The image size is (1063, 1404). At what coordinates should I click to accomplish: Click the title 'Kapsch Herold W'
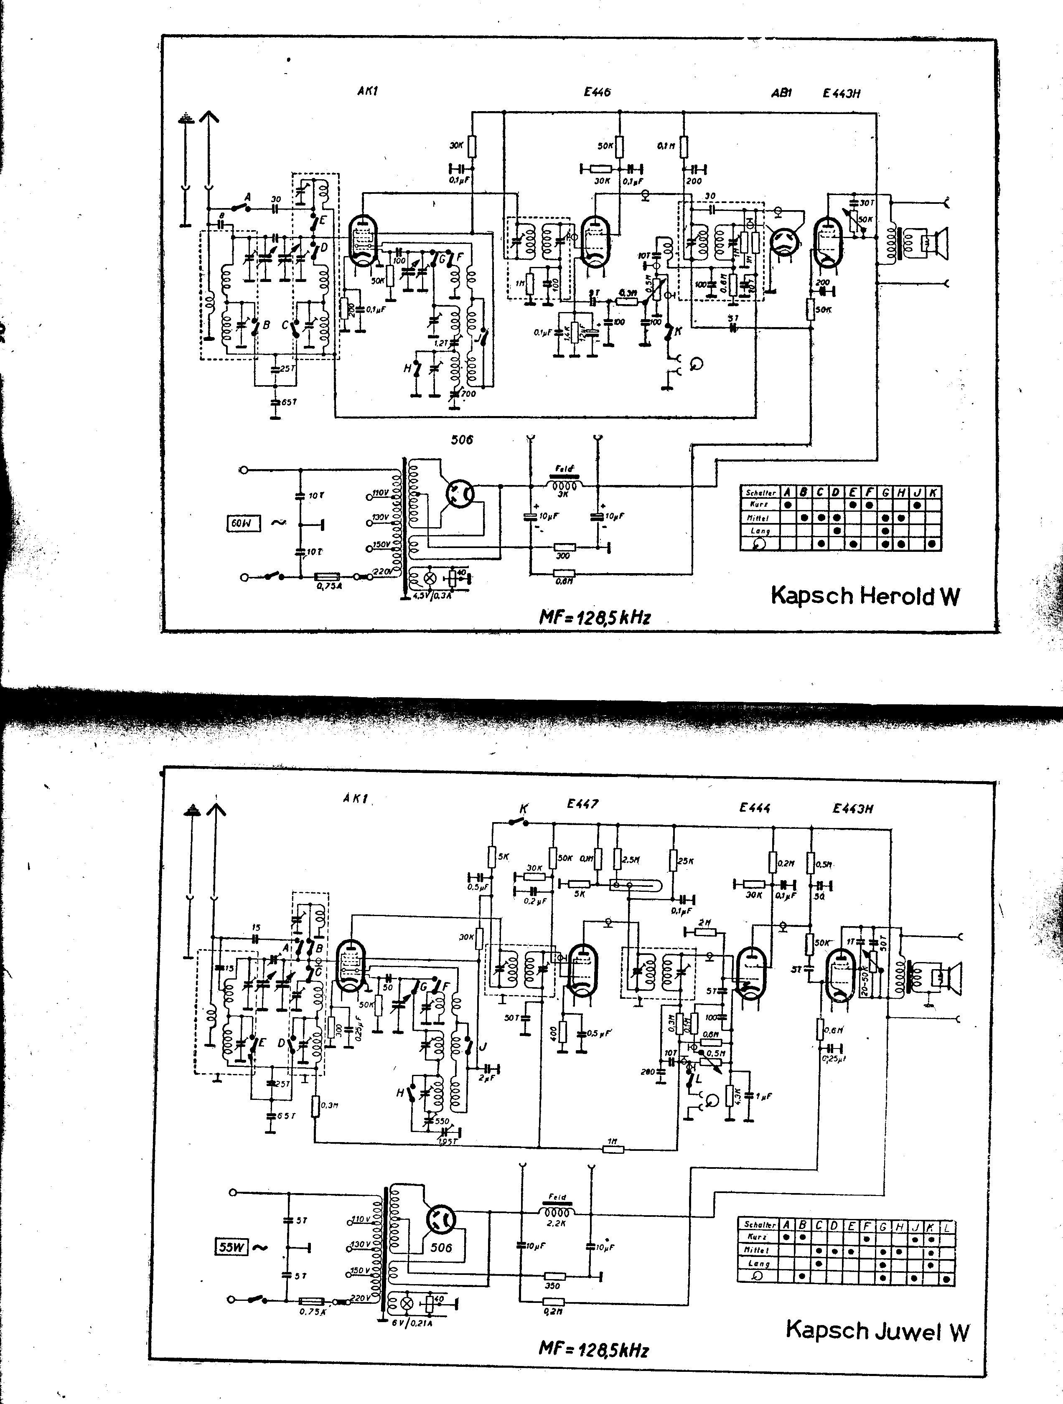pos(865,596)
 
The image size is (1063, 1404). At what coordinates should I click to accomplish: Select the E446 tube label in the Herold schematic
pos(597,92)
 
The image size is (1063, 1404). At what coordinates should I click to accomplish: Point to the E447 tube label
pos(582,804)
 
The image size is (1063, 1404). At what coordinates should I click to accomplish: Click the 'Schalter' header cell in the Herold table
pos(760,493)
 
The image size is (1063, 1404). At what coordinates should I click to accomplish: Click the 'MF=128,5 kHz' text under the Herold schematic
pos(594,617)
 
